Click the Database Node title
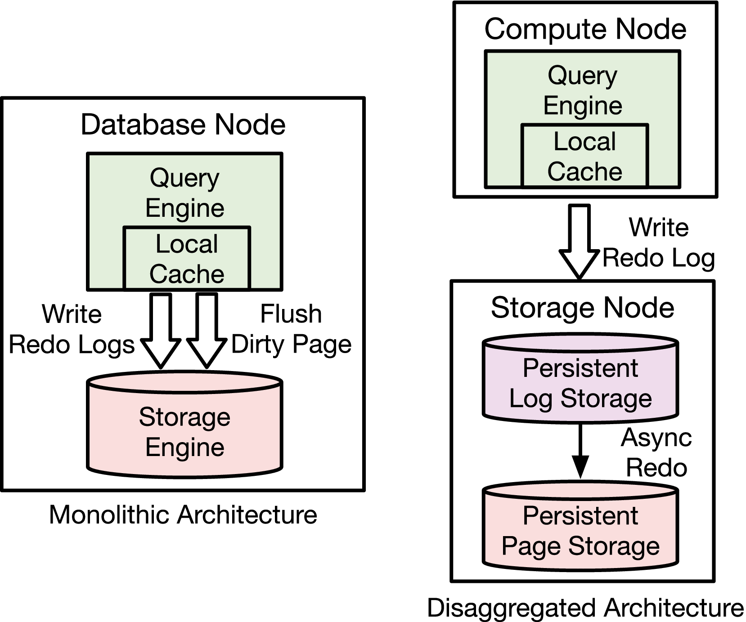(x=183, y=125)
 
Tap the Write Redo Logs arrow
(x=161, y=331)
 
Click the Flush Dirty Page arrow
(x=207, y=331)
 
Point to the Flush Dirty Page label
(x=291, y=329)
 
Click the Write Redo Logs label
(x=72, y=329)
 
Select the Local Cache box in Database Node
(x=187, y=259)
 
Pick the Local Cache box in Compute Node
(x=584, y=156)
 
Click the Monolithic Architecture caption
(x=183, y=515)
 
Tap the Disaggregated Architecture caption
(x=585, y=608)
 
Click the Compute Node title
(x=585, y=29)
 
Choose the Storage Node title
(x=582, y=308)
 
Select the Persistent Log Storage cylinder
(x=580, y=382)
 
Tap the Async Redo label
(x=656, y=452)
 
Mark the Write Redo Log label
(x=659, y=242)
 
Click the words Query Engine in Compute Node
(x=583, y=90)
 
